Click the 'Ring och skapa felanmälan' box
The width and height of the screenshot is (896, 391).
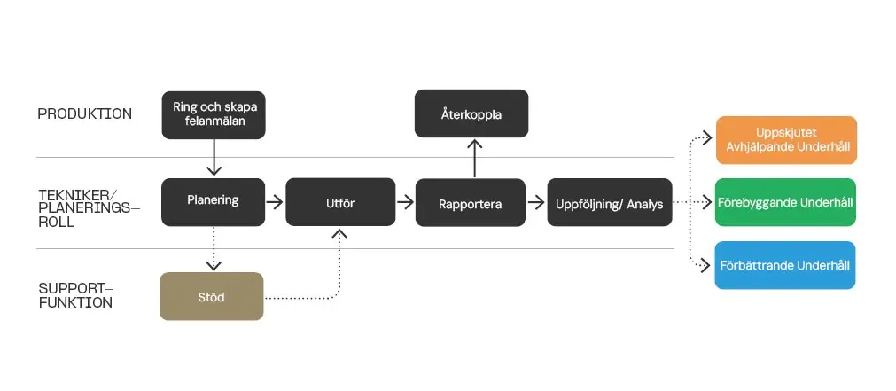pyautogui.click(x=214, y=114)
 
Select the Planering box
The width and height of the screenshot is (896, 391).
pyautogui.click(x=214, y=200)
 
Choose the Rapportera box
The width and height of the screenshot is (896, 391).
pyautogui.click(x=471, y=204)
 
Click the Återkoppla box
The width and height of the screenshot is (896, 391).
pyautogui.click(x=471, y=113)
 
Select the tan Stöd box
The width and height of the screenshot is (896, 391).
pyautogui.click(x=212, y=297)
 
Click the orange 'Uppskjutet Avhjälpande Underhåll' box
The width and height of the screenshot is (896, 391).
pyautogui.click(x=786, y=140)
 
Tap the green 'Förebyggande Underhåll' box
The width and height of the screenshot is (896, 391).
pyautogui.click(x=786, y=202)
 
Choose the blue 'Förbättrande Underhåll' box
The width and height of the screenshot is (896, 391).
pyautogui.click(x=785, y=265)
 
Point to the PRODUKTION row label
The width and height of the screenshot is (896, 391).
pyautogui.click(x=85, y=114)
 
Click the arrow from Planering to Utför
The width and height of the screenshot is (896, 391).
pyautogui.click(x=275, y=203)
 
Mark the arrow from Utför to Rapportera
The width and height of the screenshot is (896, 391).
pyautogui.click(x=405, y=203)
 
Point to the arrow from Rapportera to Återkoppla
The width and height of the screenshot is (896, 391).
pyautogui.click(x=476, y=159)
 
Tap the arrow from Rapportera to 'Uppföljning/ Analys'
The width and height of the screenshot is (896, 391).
pyautogui.click(x=536, y=203)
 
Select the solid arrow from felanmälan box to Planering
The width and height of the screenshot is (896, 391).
pyautogui.click(x=214, y=158)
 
